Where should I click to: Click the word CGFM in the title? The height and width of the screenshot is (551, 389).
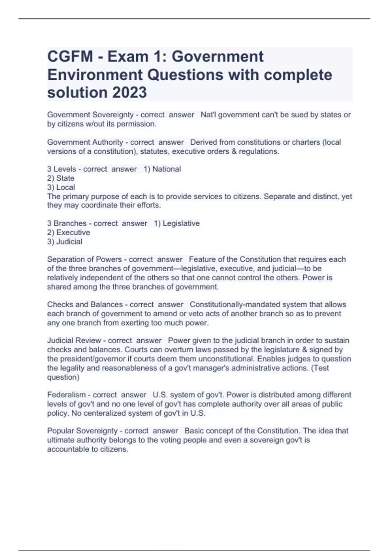[70, 57]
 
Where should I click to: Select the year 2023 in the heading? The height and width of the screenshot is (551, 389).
[129, 92]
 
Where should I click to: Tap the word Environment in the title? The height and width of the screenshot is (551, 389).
[95, 75]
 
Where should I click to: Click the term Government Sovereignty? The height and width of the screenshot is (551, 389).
[90, 115]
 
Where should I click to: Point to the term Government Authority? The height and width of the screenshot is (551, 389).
[85, 142]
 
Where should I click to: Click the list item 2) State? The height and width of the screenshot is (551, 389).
[61, 178]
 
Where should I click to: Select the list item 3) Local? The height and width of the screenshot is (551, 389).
[61, 187]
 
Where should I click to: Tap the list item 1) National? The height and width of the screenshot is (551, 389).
[162, 169]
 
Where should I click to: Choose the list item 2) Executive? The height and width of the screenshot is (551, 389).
[68, 233]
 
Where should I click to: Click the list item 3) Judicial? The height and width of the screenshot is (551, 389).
[65, 242]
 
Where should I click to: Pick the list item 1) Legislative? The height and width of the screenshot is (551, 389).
[177, 224]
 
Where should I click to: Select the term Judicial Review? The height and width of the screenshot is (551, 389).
[74, 341]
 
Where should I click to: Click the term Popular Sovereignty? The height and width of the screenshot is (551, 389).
[83, 431]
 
